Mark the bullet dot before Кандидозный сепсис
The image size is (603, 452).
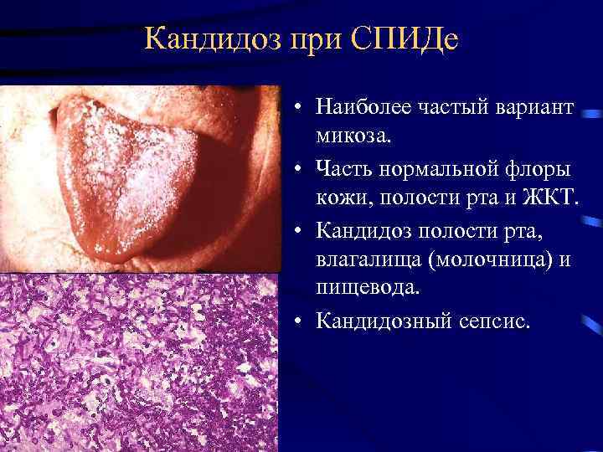(299, 321)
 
